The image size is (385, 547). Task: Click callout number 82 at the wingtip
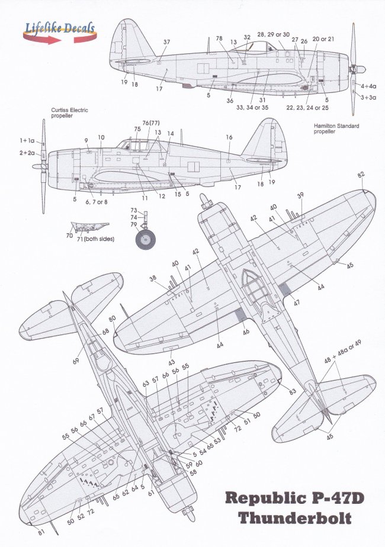pos(361,176)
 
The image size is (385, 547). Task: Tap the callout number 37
pos(166,42)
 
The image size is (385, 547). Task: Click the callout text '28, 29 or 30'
pos(274,36)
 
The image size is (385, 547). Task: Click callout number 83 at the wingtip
pos(293,392)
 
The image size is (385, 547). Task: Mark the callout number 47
pos(296,301)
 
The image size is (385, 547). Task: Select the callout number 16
pos(229,137)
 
